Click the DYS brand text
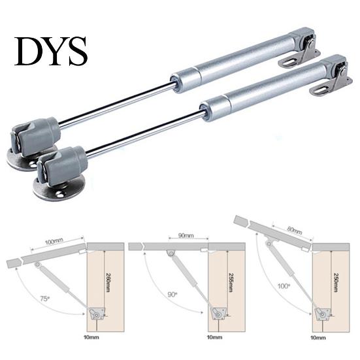[51, 51]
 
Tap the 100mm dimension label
[54, 242]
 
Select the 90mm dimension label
[186, 236]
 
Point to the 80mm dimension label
[294, 230]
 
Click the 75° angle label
[45, 299]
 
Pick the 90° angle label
[172, 294]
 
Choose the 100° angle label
[284, 286]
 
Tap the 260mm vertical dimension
[108, 282]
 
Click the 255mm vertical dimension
[231, 282]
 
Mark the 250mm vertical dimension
[335, 282]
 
